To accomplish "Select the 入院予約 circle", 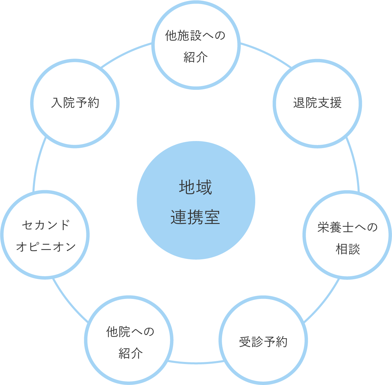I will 75,103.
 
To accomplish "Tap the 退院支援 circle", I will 317,103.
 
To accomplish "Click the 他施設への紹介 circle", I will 196,45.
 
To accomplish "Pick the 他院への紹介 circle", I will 129,341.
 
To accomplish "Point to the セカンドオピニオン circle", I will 45,235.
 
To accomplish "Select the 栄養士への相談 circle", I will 347,235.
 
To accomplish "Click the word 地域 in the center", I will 196,187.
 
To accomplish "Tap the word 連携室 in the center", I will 196,217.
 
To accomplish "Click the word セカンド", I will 46,225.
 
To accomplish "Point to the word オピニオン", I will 46,246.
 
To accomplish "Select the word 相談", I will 348,249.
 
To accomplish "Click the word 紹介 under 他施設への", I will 196,57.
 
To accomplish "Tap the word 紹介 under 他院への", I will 131,353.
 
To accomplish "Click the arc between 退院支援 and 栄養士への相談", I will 354,163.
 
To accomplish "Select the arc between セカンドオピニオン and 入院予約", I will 38,163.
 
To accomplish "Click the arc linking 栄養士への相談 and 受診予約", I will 323,302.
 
